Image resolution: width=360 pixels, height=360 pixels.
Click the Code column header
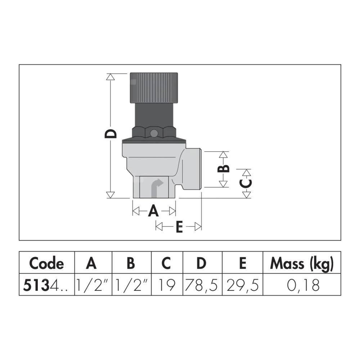46,263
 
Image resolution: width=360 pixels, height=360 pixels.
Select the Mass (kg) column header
302,264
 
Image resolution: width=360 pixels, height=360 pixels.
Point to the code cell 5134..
45,285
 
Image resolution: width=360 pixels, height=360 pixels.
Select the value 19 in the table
167,285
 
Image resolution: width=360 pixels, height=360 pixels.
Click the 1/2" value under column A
92,285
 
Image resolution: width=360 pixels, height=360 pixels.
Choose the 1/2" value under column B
131,285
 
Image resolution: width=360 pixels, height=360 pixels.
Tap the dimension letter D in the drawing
111,134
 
